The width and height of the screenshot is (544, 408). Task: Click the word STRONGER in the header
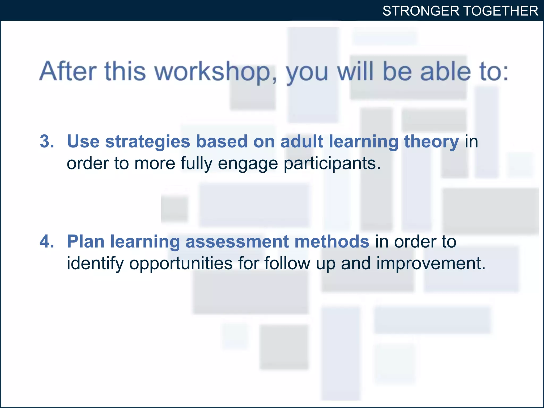[421, 11]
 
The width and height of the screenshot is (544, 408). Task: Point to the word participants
[332, 164]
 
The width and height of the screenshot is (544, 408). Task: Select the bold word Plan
[86, 242]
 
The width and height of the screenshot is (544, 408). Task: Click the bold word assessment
[237, 242]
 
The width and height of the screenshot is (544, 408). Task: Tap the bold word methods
[332, 242]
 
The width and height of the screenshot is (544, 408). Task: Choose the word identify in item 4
[95, 264]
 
